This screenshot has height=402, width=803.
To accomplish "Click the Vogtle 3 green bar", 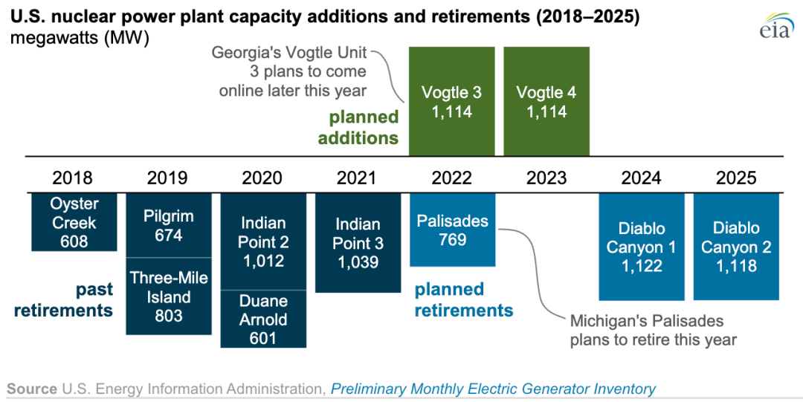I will click(x=451, y=101).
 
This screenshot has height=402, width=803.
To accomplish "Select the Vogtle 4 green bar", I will click(x=546, y=101).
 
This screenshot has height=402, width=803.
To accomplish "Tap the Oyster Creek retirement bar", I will click(x=74, y=222).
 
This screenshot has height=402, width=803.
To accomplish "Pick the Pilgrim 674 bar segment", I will click(x=169, y=225).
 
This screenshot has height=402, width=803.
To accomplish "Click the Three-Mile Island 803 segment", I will click(x=169, y=296).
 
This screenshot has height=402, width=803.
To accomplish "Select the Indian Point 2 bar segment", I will click(x=263, y=241).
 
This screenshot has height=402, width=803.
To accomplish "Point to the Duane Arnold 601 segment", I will click(x=263, y=319).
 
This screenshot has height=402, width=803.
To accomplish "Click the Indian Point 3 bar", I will click(x=358, y=243).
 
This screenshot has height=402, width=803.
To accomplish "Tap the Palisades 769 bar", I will click(x=452, y=230).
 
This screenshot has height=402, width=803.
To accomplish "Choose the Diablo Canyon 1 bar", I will click(x=641, y=247).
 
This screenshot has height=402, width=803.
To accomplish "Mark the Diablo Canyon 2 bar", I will click(x=736, y=247).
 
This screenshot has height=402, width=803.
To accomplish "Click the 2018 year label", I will click(x=73, y=178).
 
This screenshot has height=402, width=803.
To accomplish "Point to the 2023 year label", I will click(x=546, y=178).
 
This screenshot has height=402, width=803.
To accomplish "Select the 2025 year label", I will click(x=736, y=178).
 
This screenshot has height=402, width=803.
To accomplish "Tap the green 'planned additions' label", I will click(x=364, y=128).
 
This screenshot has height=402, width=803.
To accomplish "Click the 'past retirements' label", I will click(x=64, y=299).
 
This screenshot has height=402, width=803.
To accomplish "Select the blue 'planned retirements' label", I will click(x=463, y=299).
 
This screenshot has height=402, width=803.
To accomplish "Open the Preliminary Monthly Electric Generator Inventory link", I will click(x=493, y=389).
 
